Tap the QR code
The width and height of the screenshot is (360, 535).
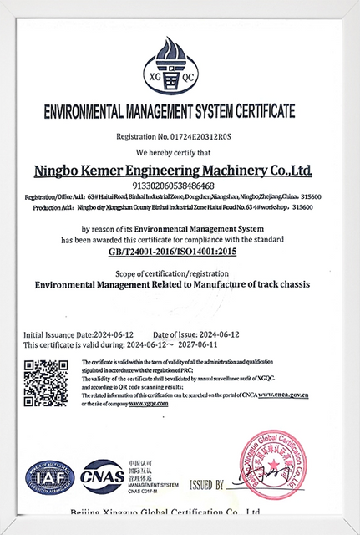[45, 382]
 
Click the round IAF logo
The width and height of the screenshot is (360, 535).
[49, 477]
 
